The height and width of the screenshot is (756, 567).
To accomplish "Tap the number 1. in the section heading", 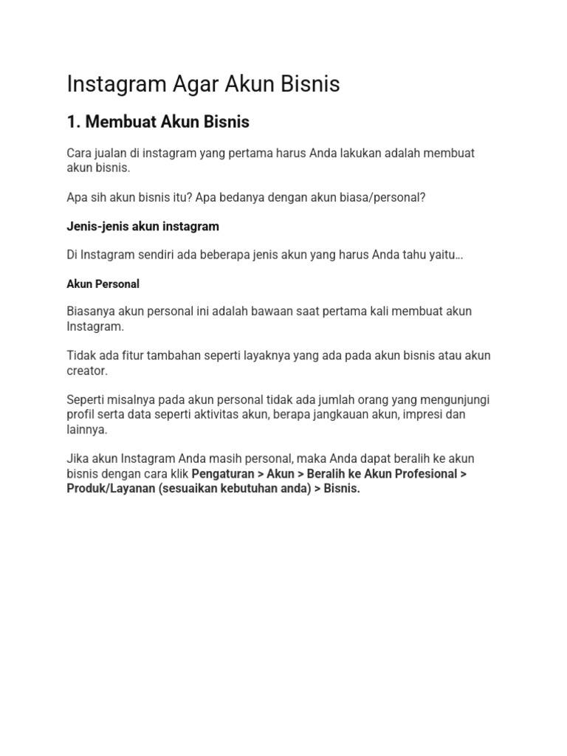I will pyautogui.click(x=73, y=122).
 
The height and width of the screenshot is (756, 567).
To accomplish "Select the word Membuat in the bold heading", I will pyautogui.click(x=120, y=122).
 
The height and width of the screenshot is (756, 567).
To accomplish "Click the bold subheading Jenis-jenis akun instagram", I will pyautogui.click(x=142, y=226).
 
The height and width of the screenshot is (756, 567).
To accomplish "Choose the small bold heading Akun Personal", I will pyautogui.click(x=103, y=283).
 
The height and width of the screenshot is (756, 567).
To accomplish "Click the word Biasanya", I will pyautogui.click(x=91, y=312).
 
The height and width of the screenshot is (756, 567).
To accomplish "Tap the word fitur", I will pyautogui.click(x=132, y=356).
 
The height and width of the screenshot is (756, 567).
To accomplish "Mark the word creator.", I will pyautogui.click(x=87, y=371).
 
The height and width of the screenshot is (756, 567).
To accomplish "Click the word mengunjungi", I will pyautogui.click(x=451, y=400).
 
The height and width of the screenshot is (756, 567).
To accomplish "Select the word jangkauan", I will pyautogui.click(x=330, y=415).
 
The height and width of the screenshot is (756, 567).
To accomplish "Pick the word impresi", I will pyautogui.click(x=423, y=415).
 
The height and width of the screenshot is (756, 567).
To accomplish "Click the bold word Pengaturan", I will pyautogui.click(x=222, y=474).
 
